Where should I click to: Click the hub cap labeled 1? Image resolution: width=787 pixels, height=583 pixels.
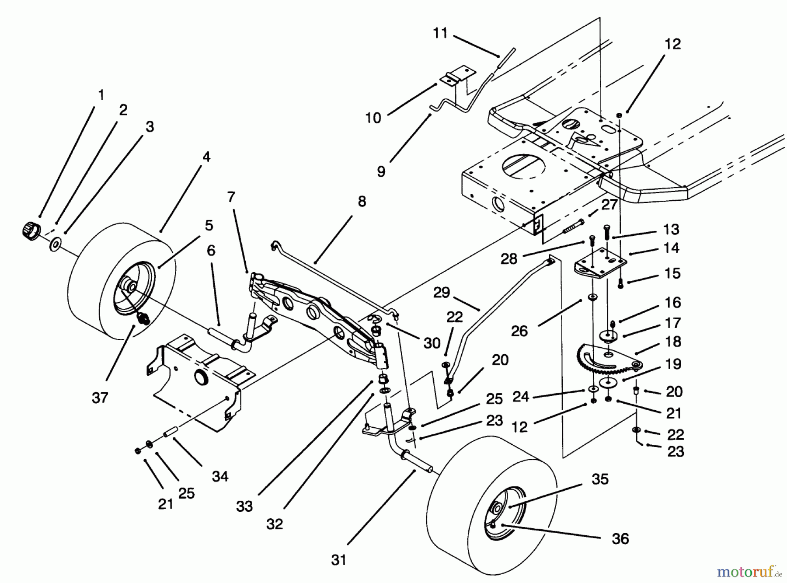[x=30, y=229]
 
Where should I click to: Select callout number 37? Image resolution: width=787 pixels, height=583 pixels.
[x=100, y=398]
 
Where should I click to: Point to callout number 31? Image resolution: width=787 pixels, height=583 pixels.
[x=338, y=560]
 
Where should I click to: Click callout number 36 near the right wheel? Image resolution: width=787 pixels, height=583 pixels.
[x=620, y=539]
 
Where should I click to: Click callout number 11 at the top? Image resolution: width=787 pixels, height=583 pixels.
[x=440, y=33]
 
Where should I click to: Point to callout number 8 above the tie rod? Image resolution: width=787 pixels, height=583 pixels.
[x=362, y=202]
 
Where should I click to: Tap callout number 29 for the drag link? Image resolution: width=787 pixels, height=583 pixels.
[x=442, y=292]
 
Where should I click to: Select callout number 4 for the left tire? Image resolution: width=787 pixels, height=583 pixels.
[x=206, y=157]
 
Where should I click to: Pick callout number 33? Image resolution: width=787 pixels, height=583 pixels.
[x=244, y=506]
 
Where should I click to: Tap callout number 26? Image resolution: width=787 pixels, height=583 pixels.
[x=519, y=331]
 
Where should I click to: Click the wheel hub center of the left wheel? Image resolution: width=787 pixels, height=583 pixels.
[x=129, y=286]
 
